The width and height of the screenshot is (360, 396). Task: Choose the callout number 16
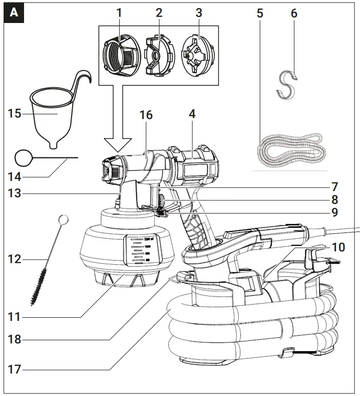pos(146,115)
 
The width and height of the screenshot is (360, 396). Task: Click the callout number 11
pos(14,317)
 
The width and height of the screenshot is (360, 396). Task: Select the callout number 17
pos(14,368)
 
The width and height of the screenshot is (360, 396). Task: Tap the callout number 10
pos(338,247)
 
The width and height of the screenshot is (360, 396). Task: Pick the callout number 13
pos(14,193)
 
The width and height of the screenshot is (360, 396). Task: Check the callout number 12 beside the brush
pos(14,259)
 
